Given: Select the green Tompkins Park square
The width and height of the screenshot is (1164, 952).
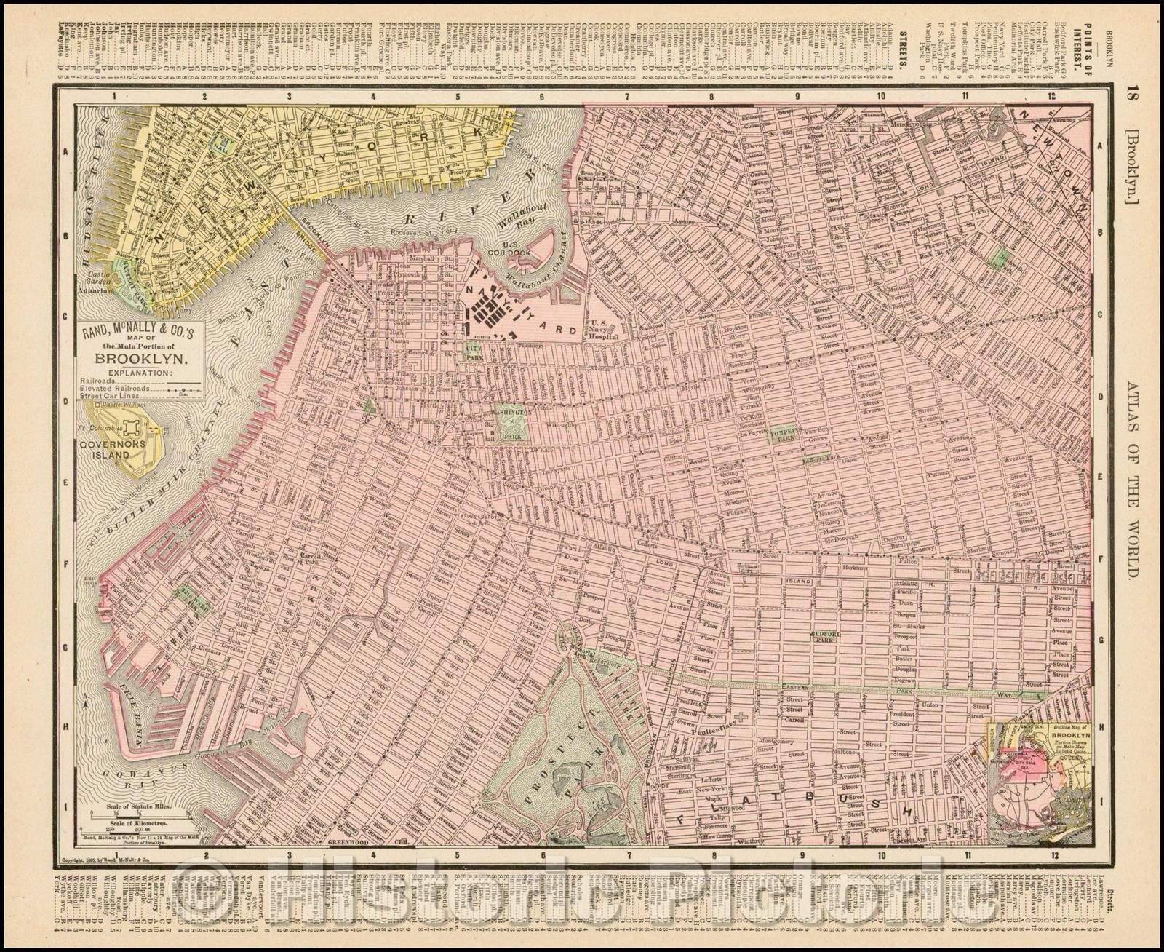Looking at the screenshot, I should point(785,434).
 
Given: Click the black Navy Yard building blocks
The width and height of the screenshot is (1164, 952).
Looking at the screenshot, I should point(489,314).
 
